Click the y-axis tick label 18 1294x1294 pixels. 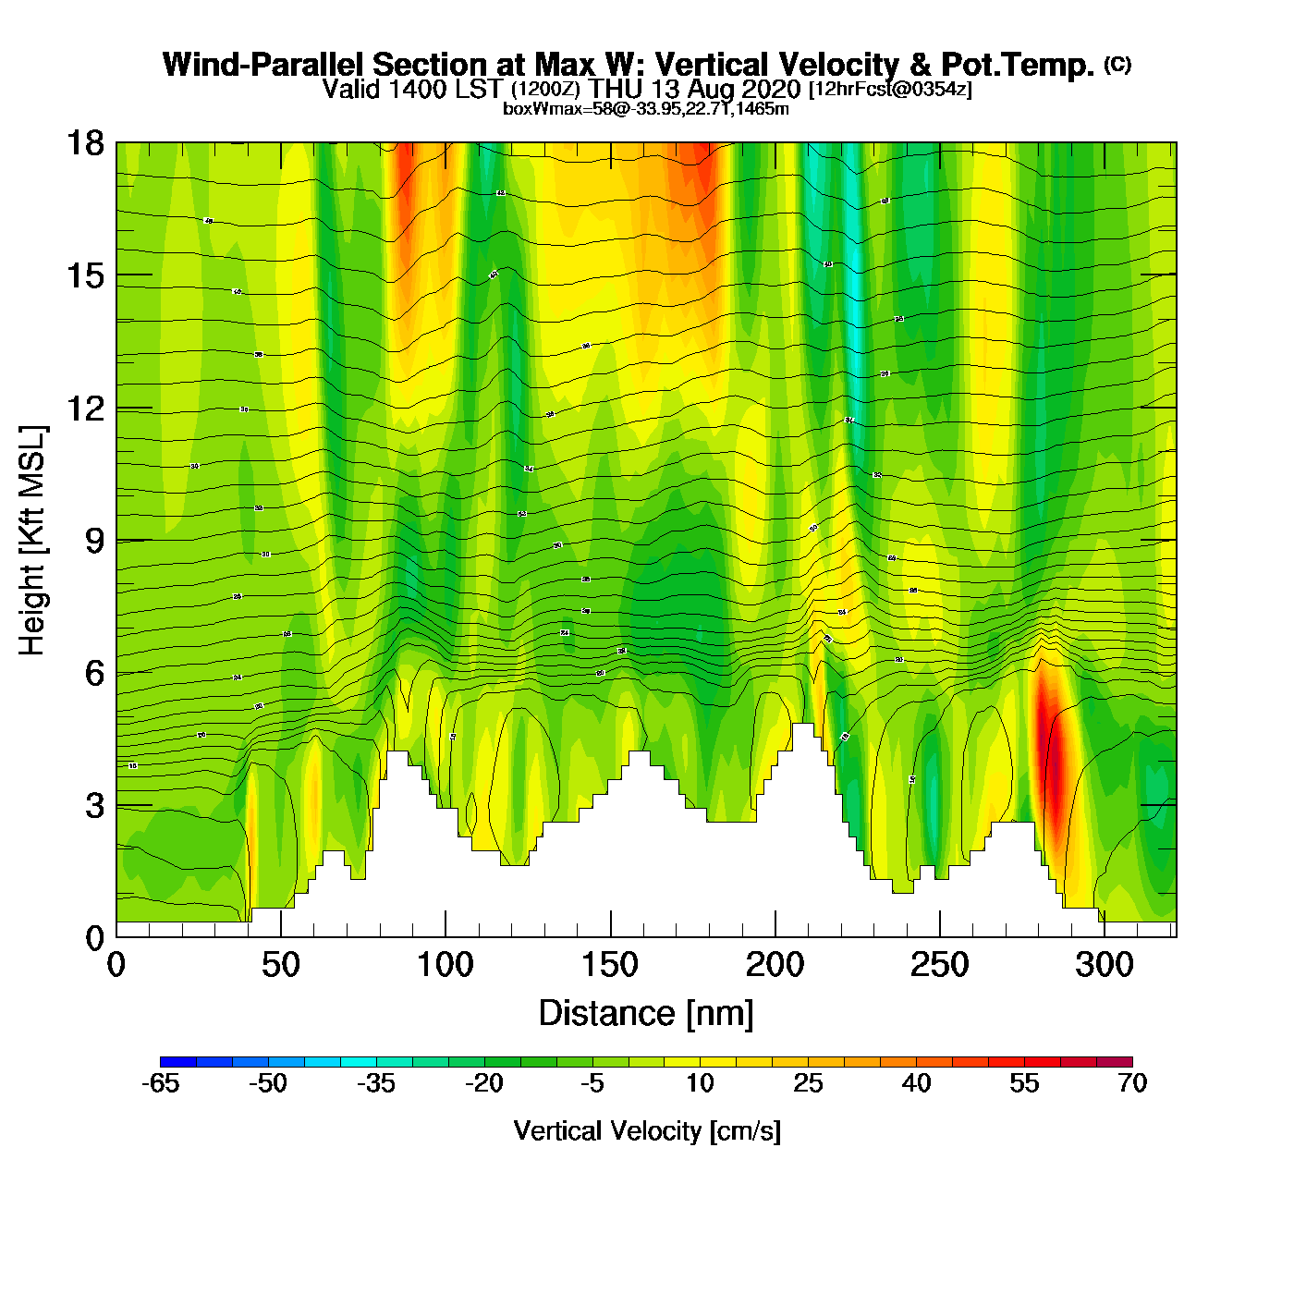click(84, 143)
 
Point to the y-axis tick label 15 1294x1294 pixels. click(84, 275)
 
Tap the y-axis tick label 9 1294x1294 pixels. click(94, 541)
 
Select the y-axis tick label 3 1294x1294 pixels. click(94, 806)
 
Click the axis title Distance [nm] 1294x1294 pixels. click(646, 1014)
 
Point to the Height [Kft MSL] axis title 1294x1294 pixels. click(32, 541)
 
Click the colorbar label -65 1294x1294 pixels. click(160, 1083)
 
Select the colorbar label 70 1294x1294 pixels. click(1132, 1083)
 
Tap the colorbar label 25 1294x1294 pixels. click(808, 1083)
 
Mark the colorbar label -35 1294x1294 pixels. click(376, 1083)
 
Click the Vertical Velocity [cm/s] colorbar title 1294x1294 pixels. click(647, 1131)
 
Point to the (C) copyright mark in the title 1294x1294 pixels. click(1117, 64)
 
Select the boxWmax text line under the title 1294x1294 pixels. click(645, 109)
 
